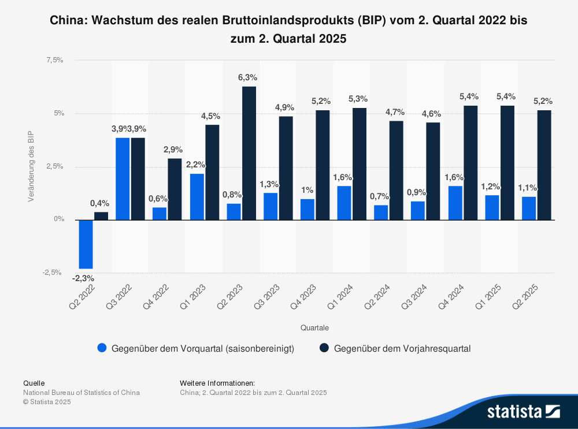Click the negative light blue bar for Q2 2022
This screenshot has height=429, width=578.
click(x=86, y=244)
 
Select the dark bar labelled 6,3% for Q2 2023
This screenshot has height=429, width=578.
click(x=249, y=153)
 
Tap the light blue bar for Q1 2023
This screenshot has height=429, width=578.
click(x=197, y=196)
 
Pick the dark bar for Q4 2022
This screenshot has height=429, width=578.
click(x=175, y=189)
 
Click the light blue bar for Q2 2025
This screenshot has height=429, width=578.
click(x=529, y=208)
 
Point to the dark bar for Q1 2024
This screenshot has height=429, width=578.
click(x=359, y=163)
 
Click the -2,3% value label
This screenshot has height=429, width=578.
click(x=83, y=278)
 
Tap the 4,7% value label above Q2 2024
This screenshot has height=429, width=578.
click(x=396, y=111)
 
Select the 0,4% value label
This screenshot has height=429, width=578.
click(x=99, y=203)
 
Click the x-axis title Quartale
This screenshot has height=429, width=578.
click(x=314, y=327)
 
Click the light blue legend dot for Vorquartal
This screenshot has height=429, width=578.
click(x=102, y=348)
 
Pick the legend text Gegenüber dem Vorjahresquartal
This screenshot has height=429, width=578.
click(x=402, y=348)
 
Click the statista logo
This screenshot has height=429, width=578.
click(x=523, y=411)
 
